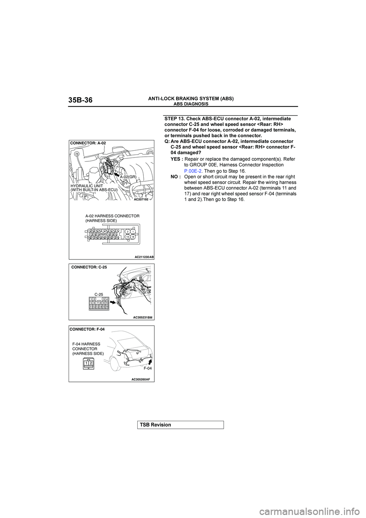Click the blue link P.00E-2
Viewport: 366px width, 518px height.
tap(193, 171)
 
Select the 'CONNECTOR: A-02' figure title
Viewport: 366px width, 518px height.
tap(88, 142)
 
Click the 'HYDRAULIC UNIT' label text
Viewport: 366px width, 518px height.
tap(85, 185)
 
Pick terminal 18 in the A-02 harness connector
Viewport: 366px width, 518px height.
tap(133, 237)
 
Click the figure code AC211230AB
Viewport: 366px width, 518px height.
tap(144, 257)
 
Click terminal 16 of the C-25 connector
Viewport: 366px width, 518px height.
tap(107, 307)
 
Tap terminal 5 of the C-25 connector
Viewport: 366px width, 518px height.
tap(91, 303)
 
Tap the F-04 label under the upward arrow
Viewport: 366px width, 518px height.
tap(148, 369)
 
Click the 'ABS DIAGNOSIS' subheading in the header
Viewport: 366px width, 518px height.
tap(191, 104)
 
